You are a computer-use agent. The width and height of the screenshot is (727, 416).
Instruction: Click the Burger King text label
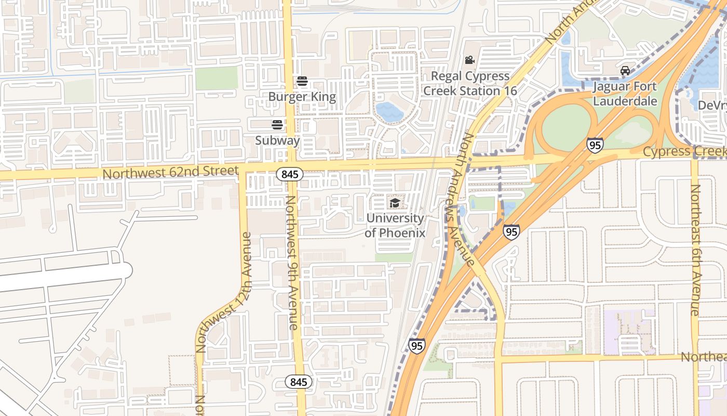(x=302, y=97)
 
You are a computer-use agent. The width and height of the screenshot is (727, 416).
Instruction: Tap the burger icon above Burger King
(x=302, y=81)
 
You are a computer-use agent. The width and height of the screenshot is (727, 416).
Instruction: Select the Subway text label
(x=277, y=140)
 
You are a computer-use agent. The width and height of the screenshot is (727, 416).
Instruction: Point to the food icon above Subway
(x=277, y=125)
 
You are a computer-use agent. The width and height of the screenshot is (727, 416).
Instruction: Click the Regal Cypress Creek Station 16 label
(x=470, y=83)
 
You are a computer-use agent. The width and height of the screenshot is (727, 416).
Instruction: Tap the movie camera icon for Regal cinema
(x=470, y=60)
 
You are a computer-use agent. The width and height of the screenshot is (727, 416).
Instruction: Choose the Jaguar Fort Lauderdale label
(x=625, y=94)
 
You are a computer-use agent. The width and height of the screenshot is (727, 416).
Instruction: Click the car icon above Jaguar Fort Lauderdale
(x=625, y=70)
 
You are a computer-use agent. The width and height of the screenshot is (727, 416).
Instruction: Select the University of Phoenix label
(x=395, y=225)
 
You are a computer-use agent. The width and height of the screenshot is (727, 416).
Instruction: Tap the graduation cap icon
(x=395, y=202)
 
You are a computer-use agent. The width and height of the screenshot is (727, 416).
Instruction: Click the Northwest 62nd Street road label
(x=170, y=172)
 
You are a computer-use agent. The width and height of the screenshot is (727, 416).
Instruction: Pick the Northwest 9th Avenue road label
(x=292, y=263)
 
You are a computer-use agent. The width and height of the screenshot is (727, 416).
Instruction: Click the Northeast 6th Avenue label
(x=695, y=250)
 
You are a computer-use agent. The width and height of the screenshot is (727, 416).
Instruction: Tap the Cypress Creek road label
(x=684, y=151)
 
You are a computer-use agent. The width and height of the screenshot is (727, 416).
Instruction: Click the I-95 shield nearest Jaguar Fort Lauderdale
(x=595, y=145)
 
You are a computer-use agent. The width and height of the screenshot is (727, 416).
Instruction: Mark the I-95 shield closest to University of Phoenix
(x=511, y=231)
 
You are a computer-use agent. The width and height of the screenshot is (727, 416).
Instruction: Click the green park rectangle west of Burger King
(x=217, y=78)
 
